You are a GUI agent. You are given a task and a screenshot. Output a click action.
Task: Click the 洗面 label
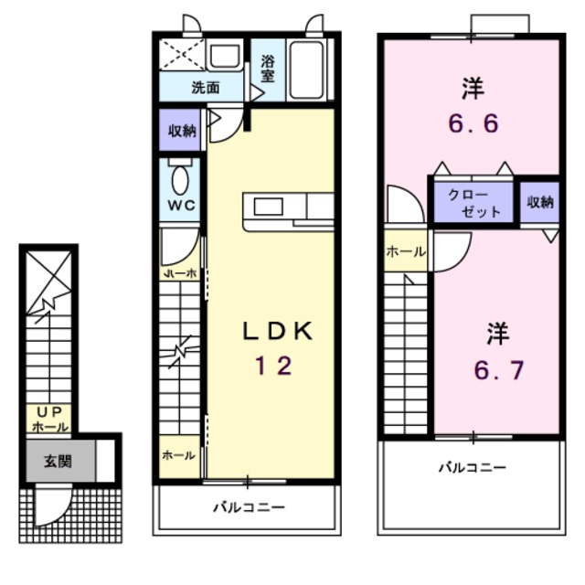[x=205, y=89]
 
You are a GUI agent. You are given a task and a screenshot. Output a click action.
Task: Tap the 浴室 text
[x=268, y=69]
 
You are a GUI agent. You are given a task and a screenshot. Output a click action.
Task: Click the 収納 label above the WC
[x=181, y=130]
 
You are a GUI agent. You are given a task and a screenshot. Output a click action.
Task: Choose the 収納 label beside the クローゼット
[x=539, y=202]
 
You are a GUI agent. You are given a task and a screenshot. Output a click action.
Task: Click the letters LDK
[x=277, y=332]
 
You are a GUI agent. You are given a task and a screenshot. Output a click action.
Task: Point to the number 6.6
[x=473, y=122]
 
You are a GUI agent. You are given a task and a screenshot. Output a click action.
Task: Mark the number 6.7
[x=497, y=371]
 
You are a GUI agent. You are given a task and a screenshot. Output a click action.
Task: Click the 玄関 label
[x=58, y=461]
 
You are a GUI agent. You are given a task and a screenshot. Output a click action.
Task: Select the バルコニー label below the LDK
[x=249, y=506]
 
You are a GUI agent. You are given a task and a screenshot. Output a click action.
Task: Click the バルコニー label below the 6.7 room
[x=471, y=467]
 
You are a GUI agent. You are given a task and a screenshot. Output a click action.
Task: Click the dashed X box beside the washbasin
[x=181, y=56]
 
